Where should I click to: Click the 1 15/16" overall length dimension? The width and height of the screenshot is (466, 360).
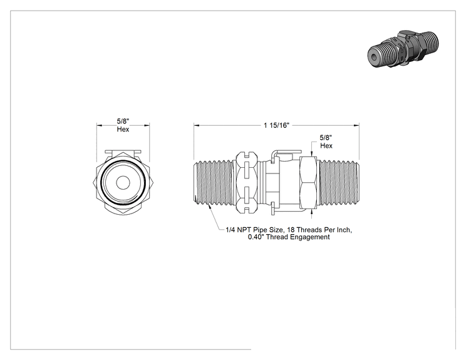[276, 125]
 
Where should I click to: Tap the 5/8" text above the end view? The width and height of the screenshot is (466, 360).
[123, 121]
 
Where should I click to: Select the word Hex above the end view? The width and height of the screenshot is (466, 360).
[123, 129]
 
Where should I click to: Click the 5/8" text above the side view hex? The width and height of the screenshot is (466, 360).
[326, 138]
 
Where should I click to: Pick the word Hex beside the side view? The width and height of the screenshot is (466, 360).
[326, 145]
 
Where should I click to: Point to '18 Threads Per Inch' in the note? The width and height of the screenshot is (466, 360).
[319, 230]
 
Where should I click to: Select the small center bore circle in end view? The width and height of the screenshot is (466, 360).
[123, 182]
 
